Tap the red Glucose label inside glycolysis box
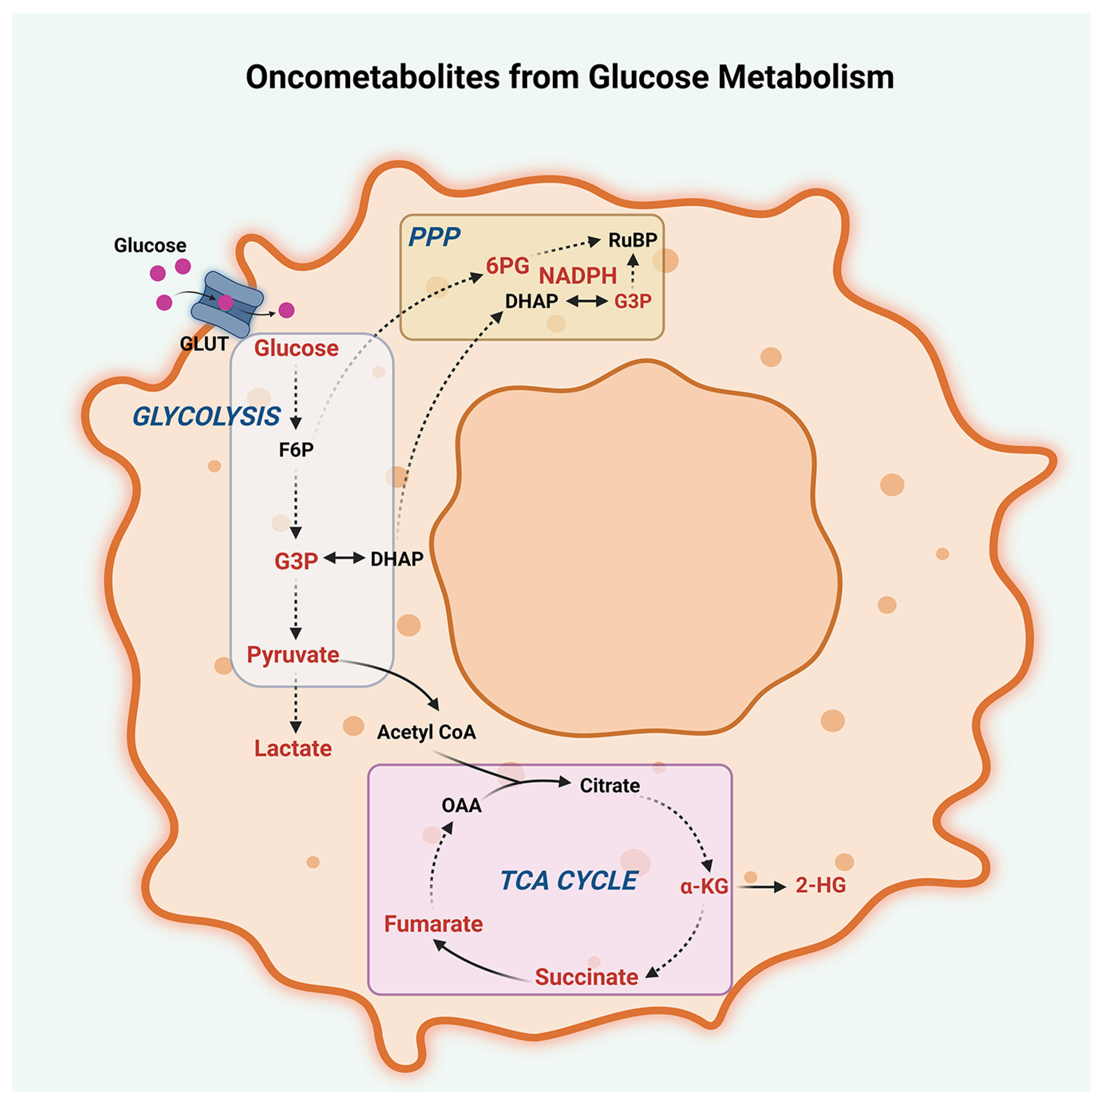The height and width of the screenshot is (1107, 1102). [x=296, y=348]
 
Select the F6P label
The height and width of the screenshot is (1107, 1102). [x=296, y=450]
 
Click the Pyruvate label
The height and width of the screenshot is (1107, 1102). [x=293, y=655]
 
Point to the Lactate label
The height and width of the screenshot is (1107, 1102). [x=293, y=748]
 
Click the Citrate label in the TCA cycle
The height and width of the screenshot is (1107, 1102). [x=609, y=785]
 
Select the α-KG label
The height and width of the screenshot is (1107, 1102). [x=704, y=887]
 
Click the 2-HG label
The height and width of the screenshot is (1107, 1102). [x=820, y=885]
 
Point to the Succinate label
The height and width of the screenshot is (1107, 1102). [x=586, y=977]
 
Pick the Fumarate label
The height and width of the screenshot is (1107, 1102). [x=433, y=924]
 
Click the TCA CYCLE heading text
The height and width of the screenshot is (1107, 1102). [x=569, y=881]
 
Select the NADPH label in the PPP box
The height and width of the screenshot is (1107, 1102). [x=578, y=276]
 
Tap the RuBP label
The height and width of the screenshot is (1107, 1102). [x=632, y=240]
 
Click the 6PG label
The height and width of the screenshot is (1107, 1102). [x=507, y=266]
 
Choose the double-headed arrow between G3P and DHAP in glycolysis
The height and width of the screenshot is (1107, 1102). [x=344, y=557]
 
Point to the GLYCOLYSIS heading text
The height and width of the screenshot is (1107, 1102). [x=206, y=417]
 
